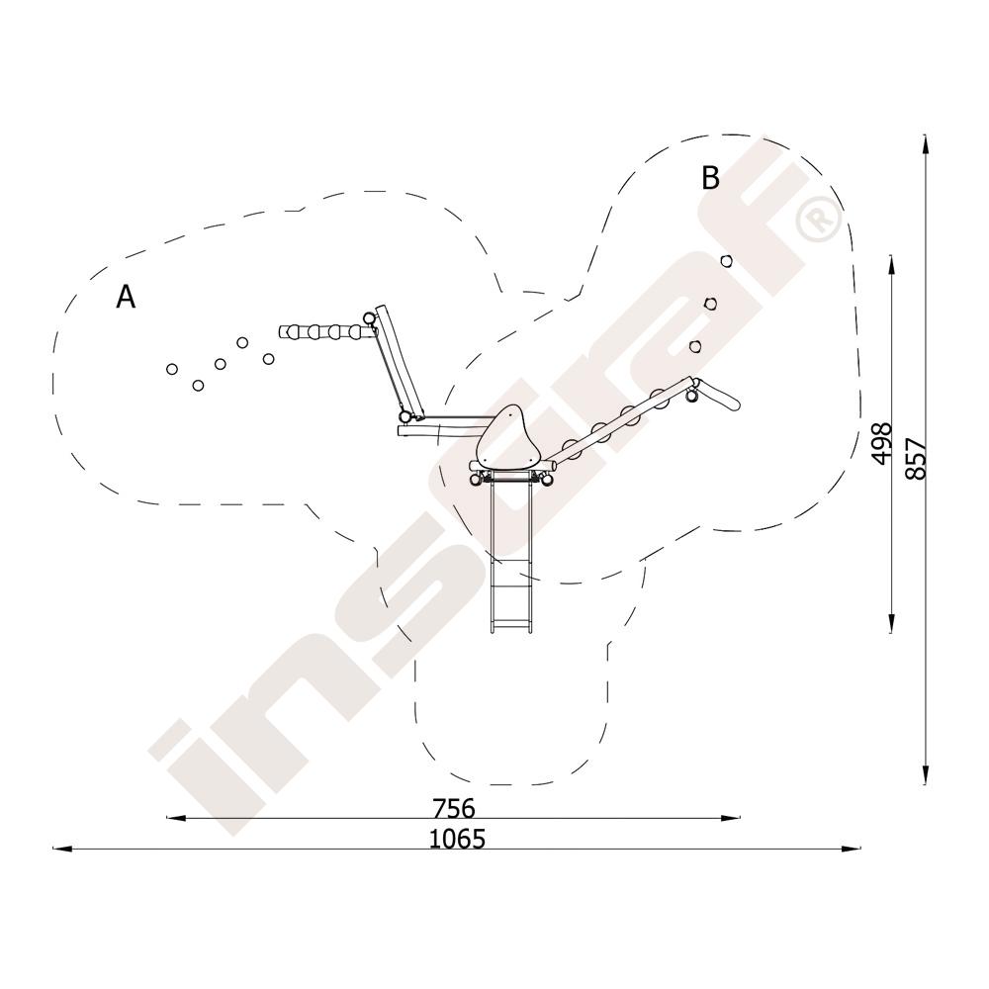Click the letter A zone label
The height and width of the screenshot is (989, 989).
[x=126, y=297]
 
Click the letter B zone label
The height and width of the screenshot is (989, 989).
[x=710, y=178]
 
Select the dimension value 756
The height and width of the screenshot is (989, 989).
[x=454, y=808]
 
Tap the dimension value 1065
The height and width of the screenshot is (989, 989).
[x=457, y=839]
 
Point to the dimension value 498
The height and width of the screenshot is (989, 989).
[x=882, y=443]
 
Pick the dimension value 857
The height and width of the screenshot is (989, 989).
[x=916, y=459]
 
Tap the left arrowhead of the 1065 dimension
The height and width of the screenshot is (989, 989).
[x=61, y=849]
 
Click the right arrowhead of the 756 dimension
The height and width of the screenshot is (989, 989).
[x=731, y=818]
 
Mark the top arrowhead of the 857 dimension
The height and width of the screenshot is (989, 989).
[x=925, y=144]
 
